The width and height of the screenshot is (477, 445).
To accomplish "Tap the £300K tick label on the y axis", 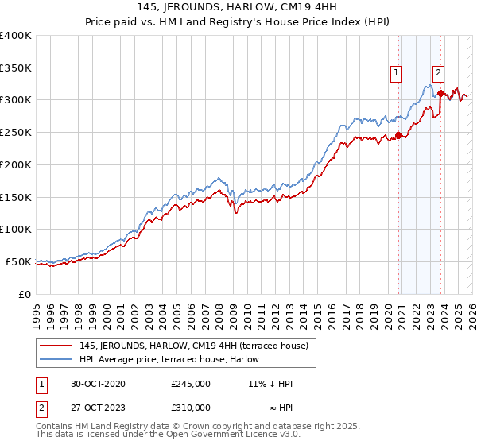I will (x=16, y=100).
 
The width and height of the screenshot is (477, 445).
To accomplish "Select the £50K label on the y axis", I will (x=19, y=261).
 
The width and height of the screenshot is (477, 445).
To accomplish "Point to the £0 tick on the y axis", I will (x=25, y=294).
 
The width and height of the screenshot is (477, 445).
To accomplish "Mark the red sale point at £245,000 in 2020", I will (x=398, y=135).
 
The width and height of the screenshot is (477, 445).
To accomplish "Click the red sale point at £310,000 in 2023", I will (x=440, y=94).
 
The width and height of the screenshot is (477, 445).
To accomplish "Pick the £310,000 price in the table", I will (x=191, y=408).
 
